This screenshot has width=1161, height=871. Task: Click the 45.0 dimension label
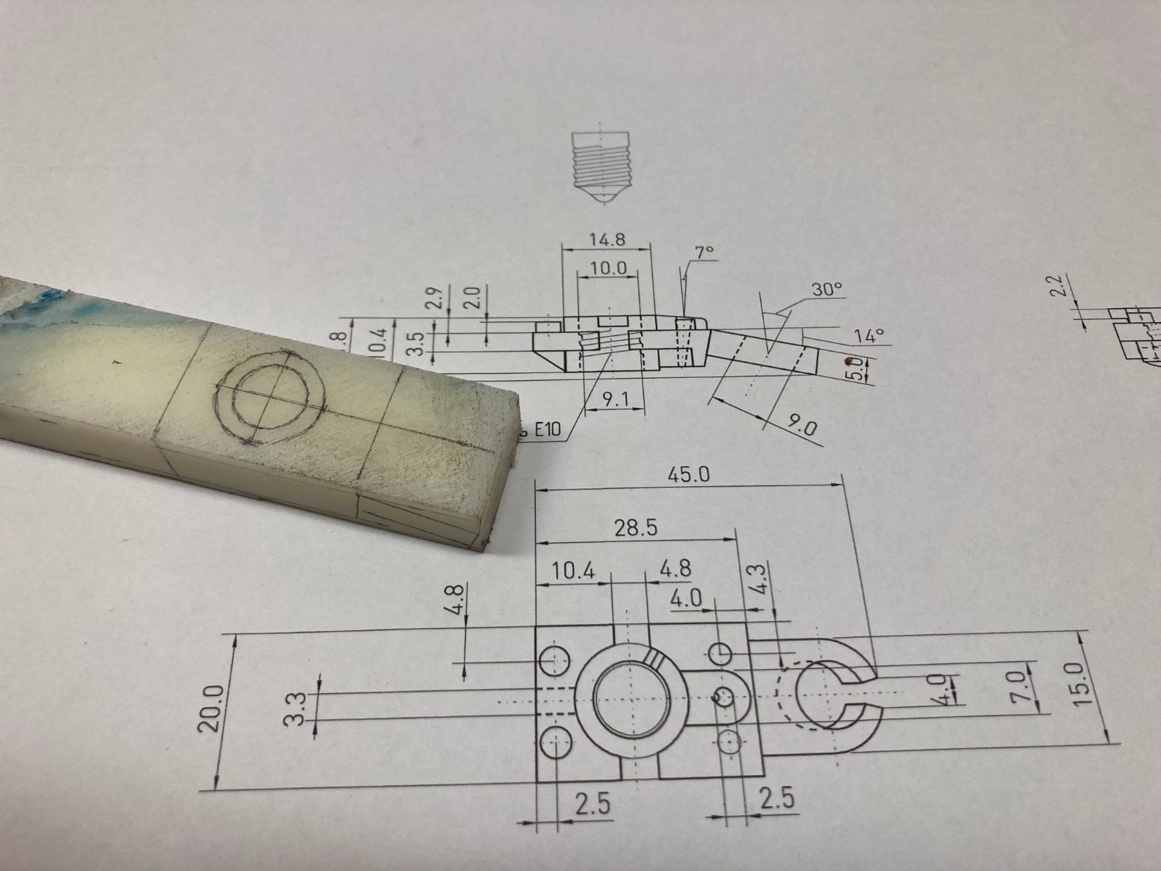688,474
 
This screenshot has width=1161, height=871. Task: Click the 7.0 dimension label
1019,687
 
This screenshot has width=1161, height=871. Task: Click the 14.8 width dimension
607,239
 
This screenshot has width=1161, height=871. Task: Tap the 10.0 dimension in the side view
608,268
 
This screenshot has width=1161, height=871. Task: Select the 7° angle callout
704,252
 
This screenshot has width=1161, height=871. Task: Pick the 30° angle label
827,289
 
